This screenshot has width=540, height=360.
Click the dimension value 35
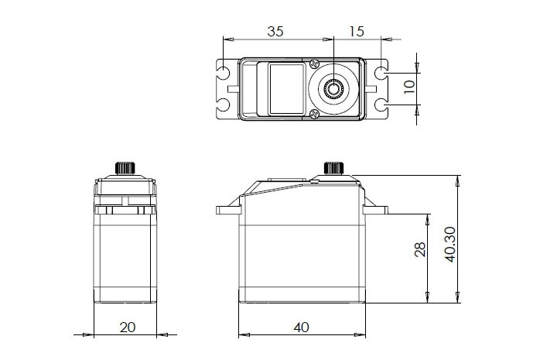275,33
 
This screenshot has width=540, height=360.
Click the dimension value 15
357,33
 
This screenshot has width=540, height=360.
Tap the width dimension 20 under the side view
128,327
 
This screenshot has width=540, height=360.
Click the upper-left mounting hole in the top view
224,74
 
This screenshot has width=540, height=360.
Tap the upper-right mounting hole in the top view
382,74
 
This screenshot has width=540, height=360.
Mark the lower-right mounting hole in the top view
382,105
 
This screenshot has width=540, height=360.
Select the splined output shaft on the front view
333,168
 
